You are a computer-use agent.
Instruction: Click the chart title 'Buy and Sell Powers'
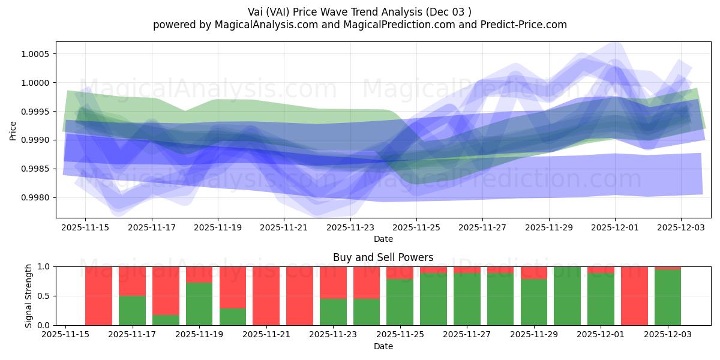[x=383, y=257]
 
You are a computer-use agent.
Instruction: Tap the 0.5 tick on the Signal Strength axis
[x=45, y=296]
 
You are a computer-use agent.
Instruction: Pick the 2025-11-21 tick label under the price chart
[x=284, y=228]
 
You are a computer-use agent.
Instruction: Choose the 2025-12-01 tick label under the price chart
[x=614, y=228]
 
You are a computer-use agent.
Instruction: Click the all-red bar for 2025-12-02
[x=634, y=296]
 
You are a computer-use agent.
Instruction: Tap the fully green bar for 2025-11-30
[x=567, y=296]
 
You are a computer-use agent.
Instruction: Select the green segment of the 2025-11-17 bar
[x=132, y=310]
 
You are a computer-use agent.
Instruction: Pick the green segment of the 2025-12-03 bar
[x=668, y=298]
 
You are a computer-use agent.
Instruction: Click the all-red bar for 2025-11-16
[x=98, y=296]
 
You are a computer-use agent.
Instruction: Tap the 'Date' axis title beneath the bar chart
[x=383, y=346]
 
